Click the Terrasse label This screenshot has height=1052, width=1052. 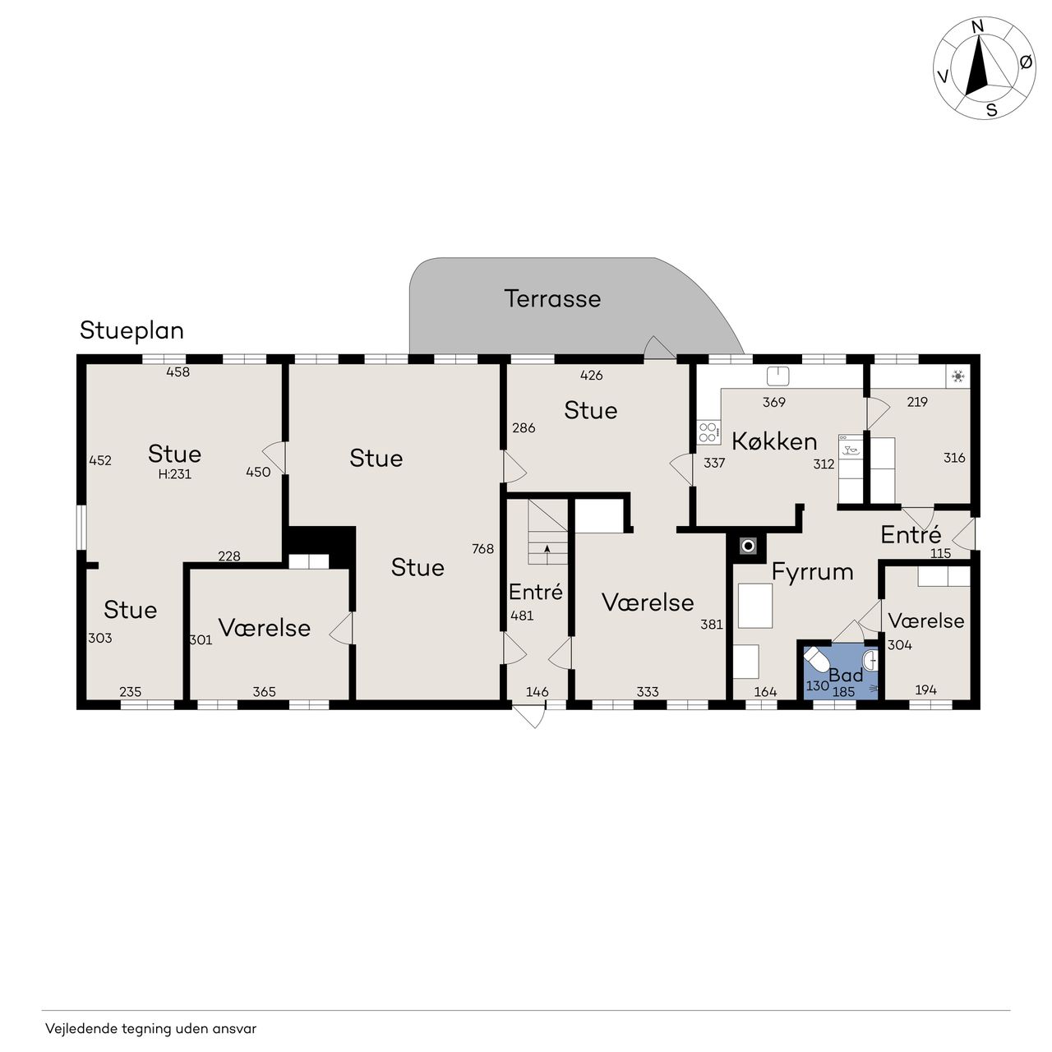552,298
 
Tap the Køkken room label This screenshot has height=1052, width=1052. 773,441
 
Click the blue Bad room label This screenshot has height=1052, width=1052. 846,676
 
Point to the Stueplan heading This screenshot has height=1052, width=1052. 131,331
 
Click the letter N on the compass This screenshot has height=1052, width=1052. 978,42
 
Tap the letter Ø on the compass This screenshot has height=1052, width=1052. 1026,62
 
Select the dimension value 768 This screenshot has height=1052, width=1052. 482,549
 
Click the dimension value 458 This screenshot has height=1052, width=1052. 178,371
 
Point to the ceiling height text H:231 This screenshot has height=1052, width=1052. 175,474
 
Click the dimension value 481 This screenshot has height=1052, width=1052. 521,616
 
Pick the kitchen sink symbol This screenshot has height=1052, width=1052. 778,376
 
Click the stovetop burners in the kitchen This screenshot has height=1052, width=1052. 708,432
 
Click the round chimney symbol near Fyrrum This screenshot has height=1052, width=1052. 748,546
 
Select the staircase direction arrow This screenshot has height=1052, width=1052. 547,549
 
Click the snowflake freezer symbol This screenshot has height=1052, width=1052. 957,376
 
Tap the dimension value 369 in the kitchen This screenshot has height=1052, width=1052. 773,402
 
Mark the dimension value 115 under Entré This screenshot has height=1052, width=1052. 940,553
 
